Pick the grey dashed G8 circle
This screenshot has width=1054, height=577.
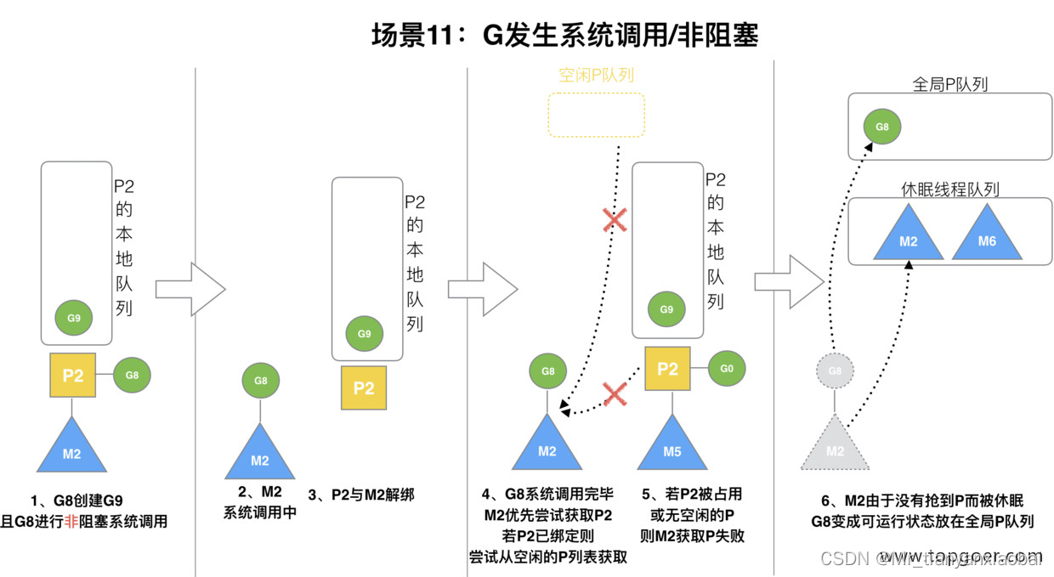(x=835, y=371)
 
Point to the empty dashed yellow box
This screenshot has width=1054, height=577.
(x=596, y=115)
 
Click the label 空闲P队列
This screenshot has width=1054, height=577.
(x=596, y=75)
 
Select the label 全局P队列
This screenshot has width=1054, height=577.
(x=949, y=84)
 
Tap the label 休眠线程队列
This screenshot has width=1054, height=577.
(x=949, y=190)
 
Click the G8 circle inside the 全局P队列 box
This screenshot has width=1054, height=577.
(x=882, y=127)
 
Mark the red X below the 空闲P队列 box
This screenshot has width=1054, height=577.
(x=615, y=221)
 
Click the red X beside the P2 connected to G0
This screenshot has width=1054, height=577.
(x=615, y=393)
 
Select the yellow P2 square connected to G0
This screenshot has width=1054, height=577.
(x=668, y=369)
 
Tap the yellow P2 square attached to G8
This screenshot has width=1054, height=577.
(x=73, y=376)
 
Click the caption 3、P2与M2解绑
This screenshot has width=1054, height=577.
(x=360, y=495)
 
